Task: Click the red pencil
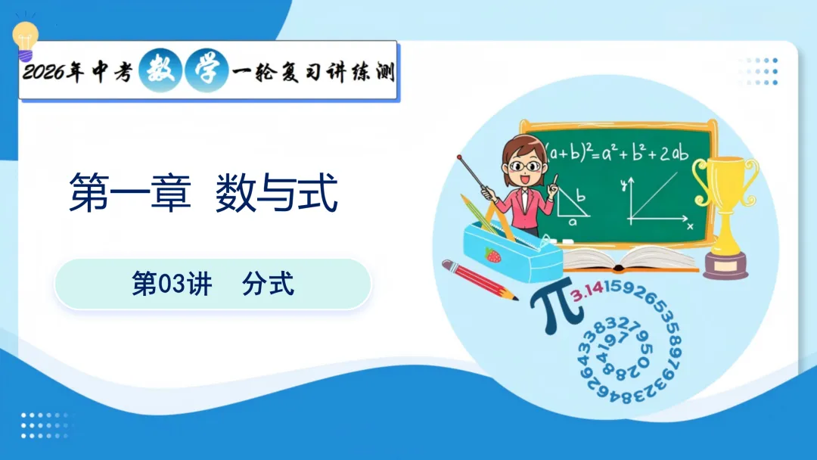point(480,279)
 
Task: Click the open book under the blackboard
point(628,259)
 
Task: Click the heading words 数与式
point(275,193)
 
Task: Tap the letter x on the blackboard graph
point(689,225)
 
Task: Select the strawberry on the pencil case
point(493,255)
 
